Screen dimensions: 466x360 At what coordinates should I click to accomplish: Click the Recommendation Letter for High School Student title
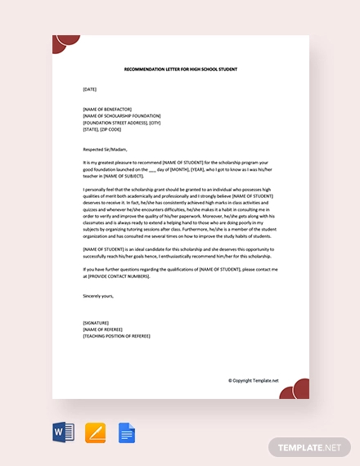[x=180, y=69]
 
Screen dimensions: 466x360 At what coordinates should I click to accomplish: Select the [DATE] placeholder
[x=90, y=88]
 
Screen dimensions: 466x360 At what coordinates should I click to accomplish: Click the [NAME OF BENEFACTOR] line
[x=109, y=110]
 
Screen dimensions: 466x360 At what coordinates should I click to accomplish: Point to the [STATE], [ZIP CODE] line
[x=101, y=129]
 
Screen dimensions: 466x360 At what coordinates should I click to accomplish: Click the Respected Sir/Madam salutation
[x=105, y=149]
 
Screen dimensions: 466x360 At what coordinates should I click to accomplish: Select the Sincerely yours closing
[x=98, y=295]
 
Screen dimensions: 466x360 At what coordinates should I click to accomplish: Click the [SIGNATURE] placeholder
[x=96, y=323]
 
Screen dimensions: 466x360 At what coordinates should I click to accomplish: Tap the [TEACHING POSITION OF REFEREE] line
[x=116, y=336]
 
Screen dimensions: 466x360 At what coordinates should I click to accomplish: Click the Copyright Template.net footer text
[x=253, y=380]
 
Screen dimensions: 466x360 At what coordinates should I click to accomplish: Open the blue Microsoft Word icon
[x=63, y=432]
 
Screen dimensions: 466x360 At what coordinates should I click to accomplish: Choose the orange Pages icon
[x=95, y=432]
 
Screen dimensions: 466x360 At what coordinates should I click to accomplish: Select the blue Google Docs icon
[x=126, y=432]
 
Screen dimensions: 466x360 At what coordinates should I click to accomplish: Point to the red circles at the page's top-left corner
[x=65, y=43]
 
